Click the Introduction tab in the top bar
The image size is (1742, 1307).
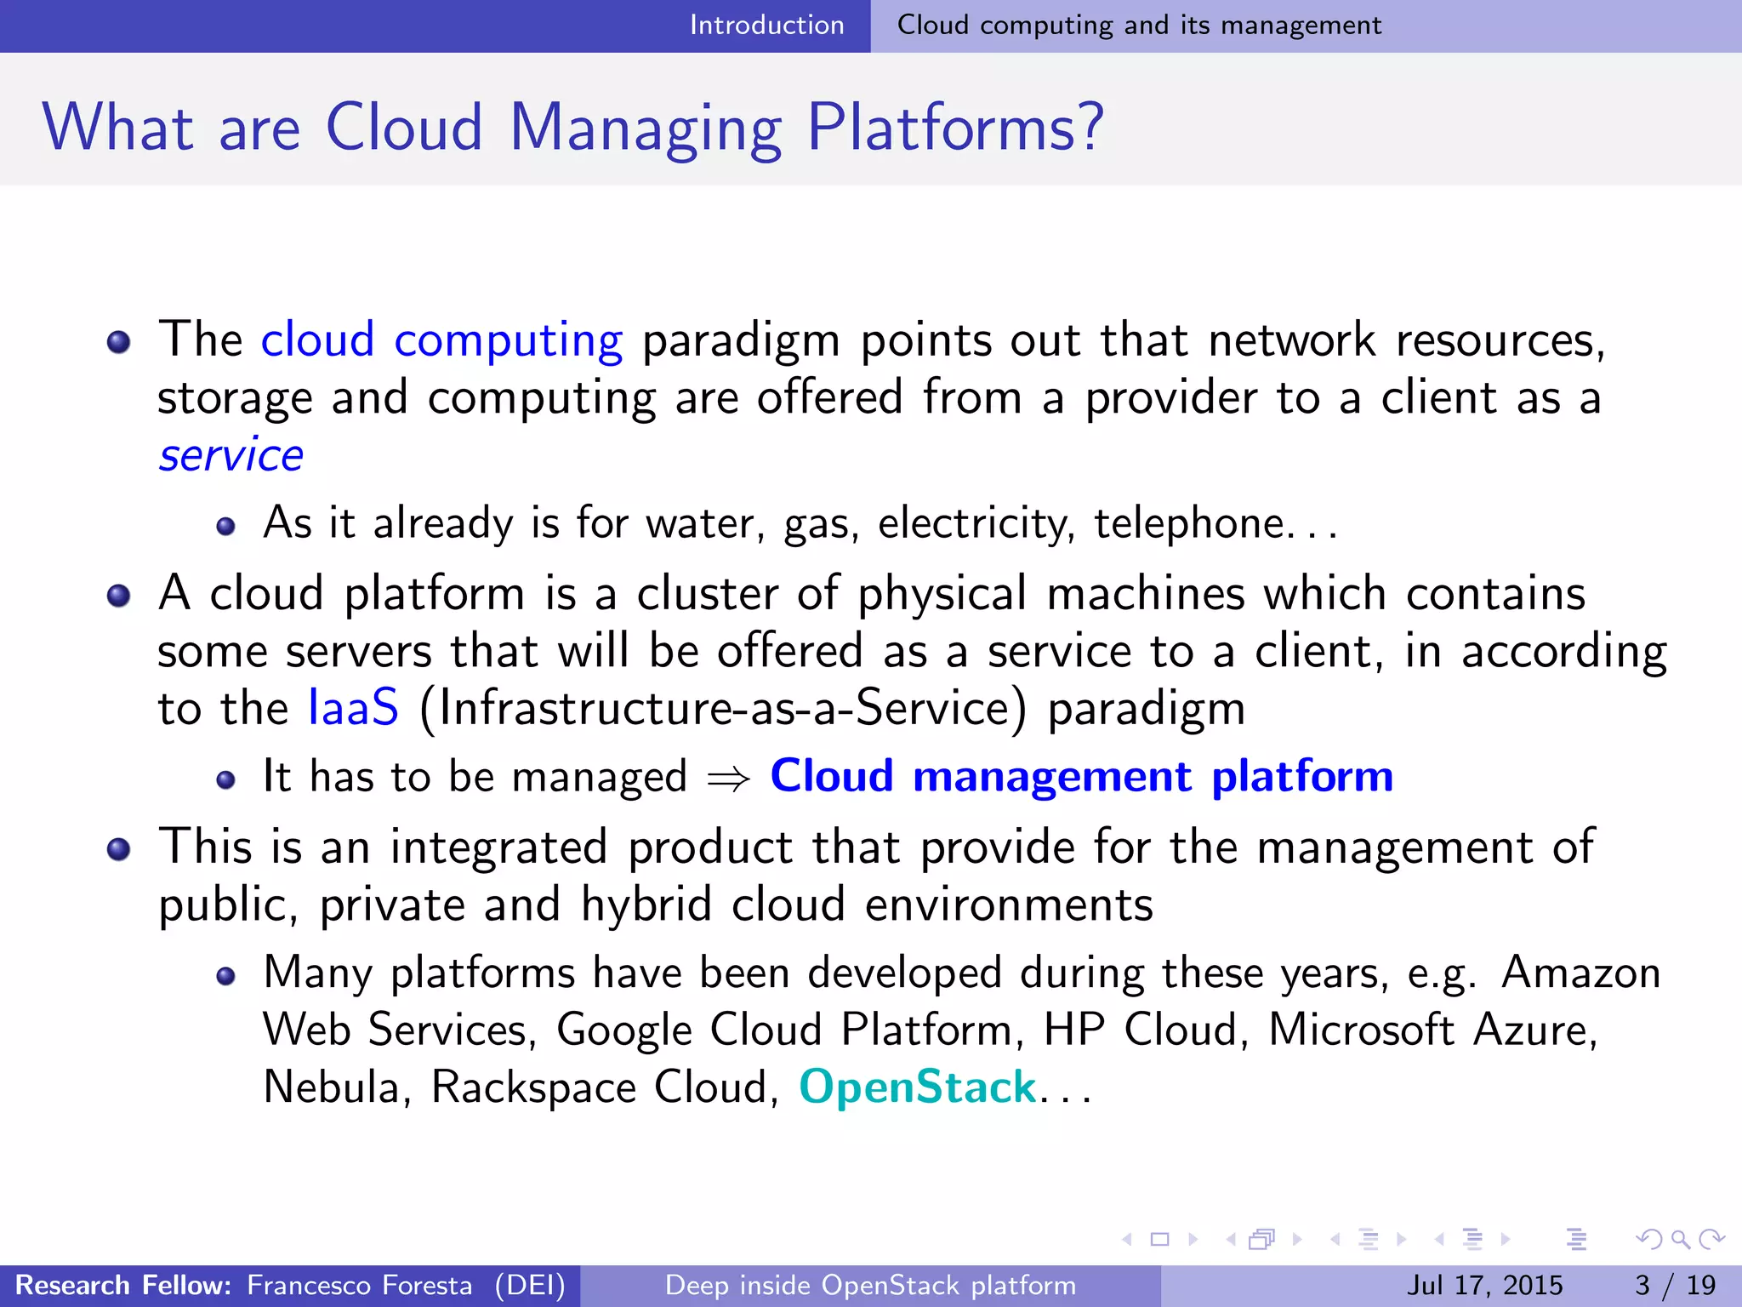click(x=766, y=26)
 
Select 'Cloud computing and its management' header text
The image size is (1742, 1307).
click(x=1139, y=26)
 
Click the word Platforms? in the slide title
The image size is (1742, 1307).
click(x=954, y=128)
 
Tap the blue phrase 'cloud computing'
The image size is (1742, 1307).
click(x=441, y=340)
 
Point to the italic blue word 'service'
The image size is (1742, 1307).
click(x=231, y=455)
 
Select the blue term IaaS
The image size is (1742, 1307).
click(x=353, y=708)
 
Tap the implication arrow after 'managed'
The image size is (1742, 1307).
click(x=729, y=778)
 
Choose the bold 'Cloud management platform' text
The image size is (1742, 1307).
click(x=1081, y=776)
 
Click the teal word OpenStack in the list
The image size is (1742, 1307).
click(x=918, y=1087)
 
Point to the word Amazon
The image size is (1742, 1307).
click(x=1580, y=973)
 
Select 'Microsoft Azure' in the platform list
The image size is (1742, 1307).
click(x=1432, y=1030)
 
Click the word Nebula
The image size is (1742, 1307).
click(x=332, y=1087)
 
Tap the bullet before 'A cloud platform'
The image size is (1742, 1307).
click(x=119, y=596)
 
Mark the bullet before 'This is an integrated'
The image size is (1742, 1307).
click(x=119, y=849)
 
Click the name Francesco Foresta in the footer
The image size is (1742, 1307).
click(x=359, y=1285)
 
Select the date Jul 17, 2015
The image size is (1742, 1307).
click(x=1484, y=1285)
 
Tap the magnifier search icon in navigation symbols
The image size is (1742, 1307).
click(x=1680, y=1239)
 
